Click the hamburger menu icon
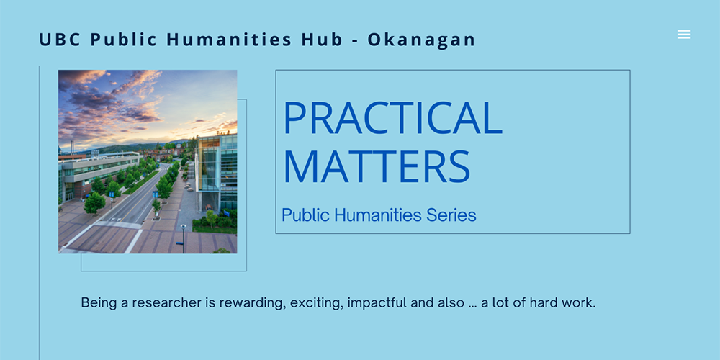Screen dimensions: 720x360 pyautogui.click(x=684, y=35)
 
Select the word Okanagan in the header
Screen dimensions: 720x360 pyautogui.click(x=421, y=40)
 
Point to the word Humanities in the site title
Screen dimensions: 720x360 pyautogui.click(x=229, y=40)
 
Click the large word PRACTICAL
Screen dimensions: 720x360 pyautogui.click(x=392, y=117)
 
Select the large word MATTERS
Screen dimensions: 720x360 pyautogui.click(x=377, y=166)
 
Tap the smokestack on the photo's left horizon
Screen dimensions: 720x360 pyautogui.click(x=72, y=147)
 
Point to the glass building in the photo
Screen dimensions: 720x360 pyautogui.click(x=217, y=172)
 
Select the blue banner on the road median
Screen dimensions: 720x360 pyautogui.click(x=156, y=194)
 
